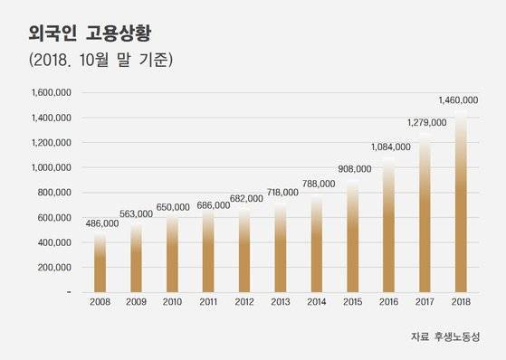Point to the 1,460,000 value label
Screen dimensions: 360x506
(x=457, y=99)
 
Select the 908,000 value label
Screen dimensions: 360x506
(x=354, y=169)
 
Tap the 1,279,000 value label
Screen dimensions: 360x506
(x=426, y=122)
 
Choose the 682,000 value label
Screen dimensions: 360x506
(x=244, y=198)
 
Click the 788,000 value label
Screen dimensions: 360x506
(x=317, y=184)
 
